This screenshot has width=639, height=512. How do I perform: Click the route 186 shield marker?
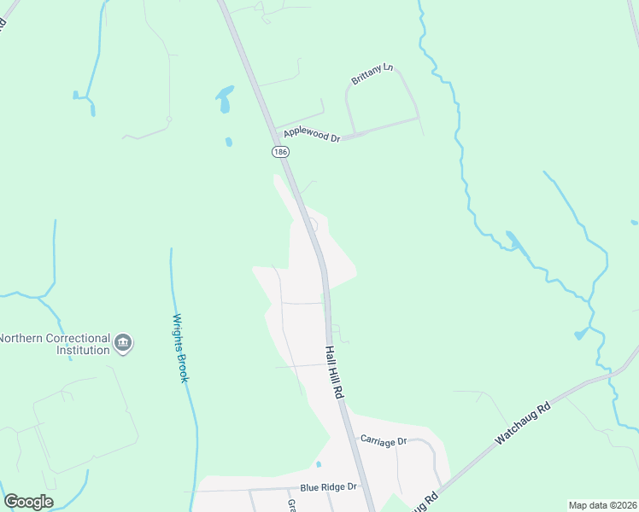pyautogui.click(x=281, y=151)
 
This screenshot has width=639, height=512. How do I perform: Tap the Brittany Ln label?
pyautogui.click(x=372, y=74)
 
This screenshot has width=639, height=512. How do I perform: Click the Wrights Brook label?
pyautogui.click(x=179, y=347)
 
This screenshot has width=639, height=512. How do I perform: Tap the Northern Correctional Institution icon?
pyautogui.click(x=123, y=343)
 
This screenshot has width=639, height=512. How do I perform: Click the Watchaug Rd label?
pyautogui.click(x=523, y=422)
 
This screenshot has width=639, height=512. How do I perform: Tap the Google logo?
pyautogui.click(x=28, y=502)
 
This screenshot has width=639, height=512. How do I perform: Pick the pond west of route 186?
pyautogui.click(x=225, y=98)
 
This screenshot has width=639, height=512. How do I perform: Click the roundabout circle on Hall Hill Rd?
pyautogui.click(x=312, y=225)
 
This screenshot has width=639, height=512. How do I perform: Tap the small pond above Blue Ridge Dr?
pyautogui.click(x=318, y=464)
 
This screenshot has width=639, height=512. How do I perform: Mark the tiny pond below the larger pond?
pyautogui.click(x=228, y=142)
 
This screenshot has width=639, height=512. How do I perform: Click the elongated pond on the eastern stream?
pyautogui.click(x=516, y=242)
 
